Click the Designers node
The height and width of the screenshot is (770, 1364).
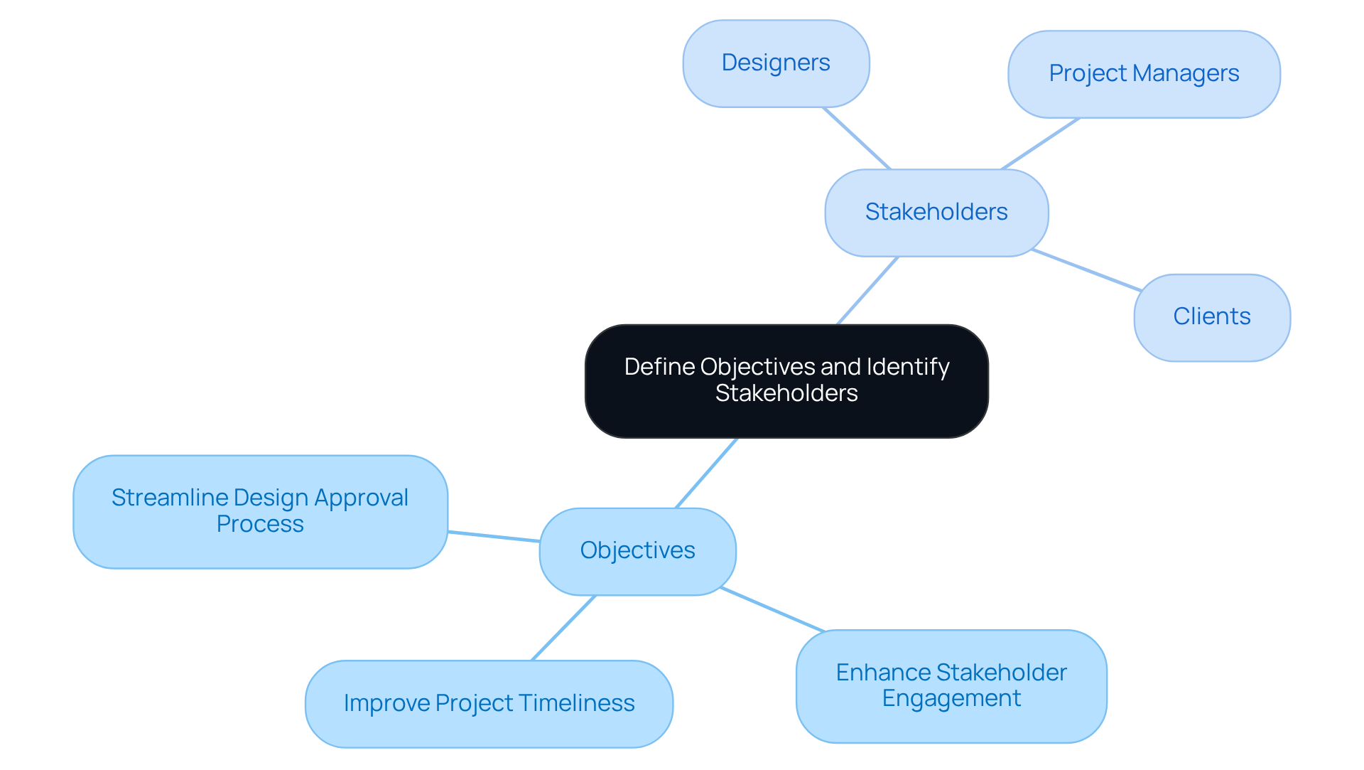point(776,63)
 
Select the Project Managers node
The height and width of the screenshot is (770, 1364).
point(1144,74)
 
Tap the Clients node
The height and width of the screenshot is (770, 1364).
point(1212,317)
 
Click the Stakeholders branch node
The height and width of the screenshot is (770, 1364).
point(936,213)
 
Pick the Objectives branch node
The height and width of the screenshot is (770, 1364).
point(637,551)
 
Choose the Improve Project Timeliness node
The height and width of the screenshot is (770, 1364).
point(489,703)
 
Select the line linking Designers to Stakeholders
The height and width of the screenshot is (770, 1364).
point(856,139)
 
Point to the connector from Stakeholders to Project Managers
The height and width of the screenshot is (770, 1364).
point(1041,144)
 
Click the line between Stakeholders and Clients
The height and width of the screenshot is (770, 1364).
point(1086,270)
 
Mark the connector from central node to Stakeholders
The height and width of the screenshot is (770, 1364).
point(867,291)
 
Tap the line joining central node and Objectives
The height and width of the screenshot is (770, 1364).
point(706,473)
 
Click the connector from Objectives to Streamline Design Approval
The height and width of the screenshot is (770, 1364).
point(494,537)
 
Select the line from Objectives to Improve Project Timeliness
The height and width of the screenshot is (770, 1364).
point(563,628)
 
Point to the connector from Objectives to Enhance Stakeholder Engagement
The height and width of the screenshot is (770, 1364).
point(772,609)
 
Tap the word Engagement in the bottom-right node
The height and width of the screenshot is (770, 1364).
point(951,699)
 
